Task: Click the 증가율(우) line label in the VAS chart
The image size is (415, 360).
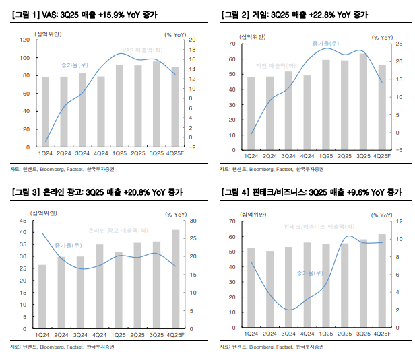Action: coord(75,65)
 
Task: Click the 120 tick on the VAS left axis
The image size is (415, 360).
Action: coord(22,40)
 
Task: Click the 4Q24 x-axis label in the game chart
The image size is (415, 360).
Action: coord(307,156)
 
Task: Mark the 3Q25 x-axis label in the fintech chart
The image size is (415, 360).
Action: coord(363,334)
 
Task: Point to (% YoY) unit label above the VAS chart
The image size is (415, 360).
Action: coord(177,32)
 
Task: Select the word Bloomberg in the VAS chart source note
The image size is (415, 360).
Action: coord(54,168)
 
